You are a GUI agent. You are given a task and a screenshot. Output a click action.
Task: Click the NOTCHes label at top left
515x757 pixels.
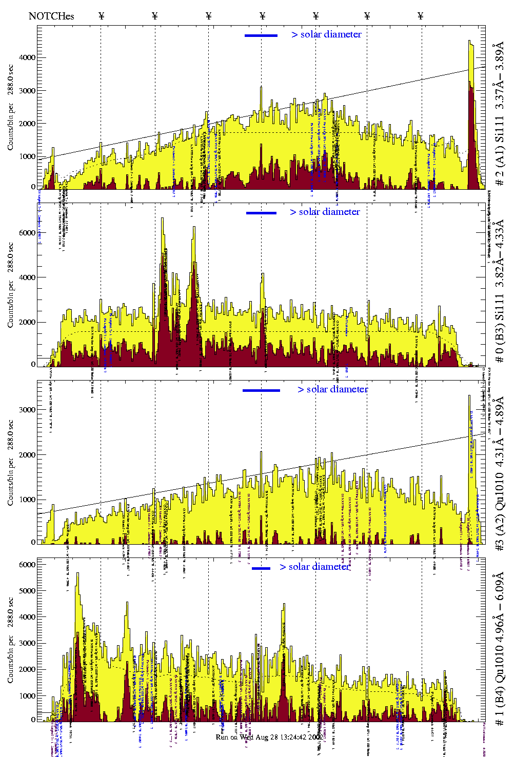pyautogui.click(x=51, y=16)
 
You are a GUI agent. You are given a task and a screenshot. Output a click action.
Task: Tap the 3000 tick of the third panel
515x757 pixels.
pyautogui.click(x=28, y=410)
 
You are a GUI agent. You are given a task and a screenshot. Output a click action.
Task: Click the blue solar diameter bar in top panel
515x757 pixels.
pyautogui.click(x=261, y=35)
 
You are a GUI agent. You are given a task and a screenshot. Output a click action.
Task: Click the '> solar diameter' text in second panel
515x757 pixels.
pyautogui.click(x=325, y=212)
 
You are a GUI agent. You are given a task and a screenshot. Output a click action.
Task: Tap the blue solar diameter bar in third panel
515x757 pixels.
pyautogui.click(x=261, y=390)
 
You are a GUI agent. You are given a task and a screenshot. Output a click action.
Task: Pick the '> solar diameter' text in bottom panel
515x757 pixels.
pyautogui.click(x=314, y=567)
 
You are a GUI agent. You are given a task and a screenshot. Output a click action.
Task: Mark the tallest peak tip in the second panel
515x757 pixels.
pyautogui.click(x=163, y=218)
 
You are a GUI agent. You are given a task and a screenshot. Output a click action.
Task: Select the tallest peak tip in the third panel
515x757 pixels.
pyautogui.click(x=469, y=395)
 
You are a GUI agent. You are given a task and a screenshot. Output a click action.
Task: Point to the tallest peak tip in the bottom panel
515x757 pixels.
pyautogui.click(x=77, y=573)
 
